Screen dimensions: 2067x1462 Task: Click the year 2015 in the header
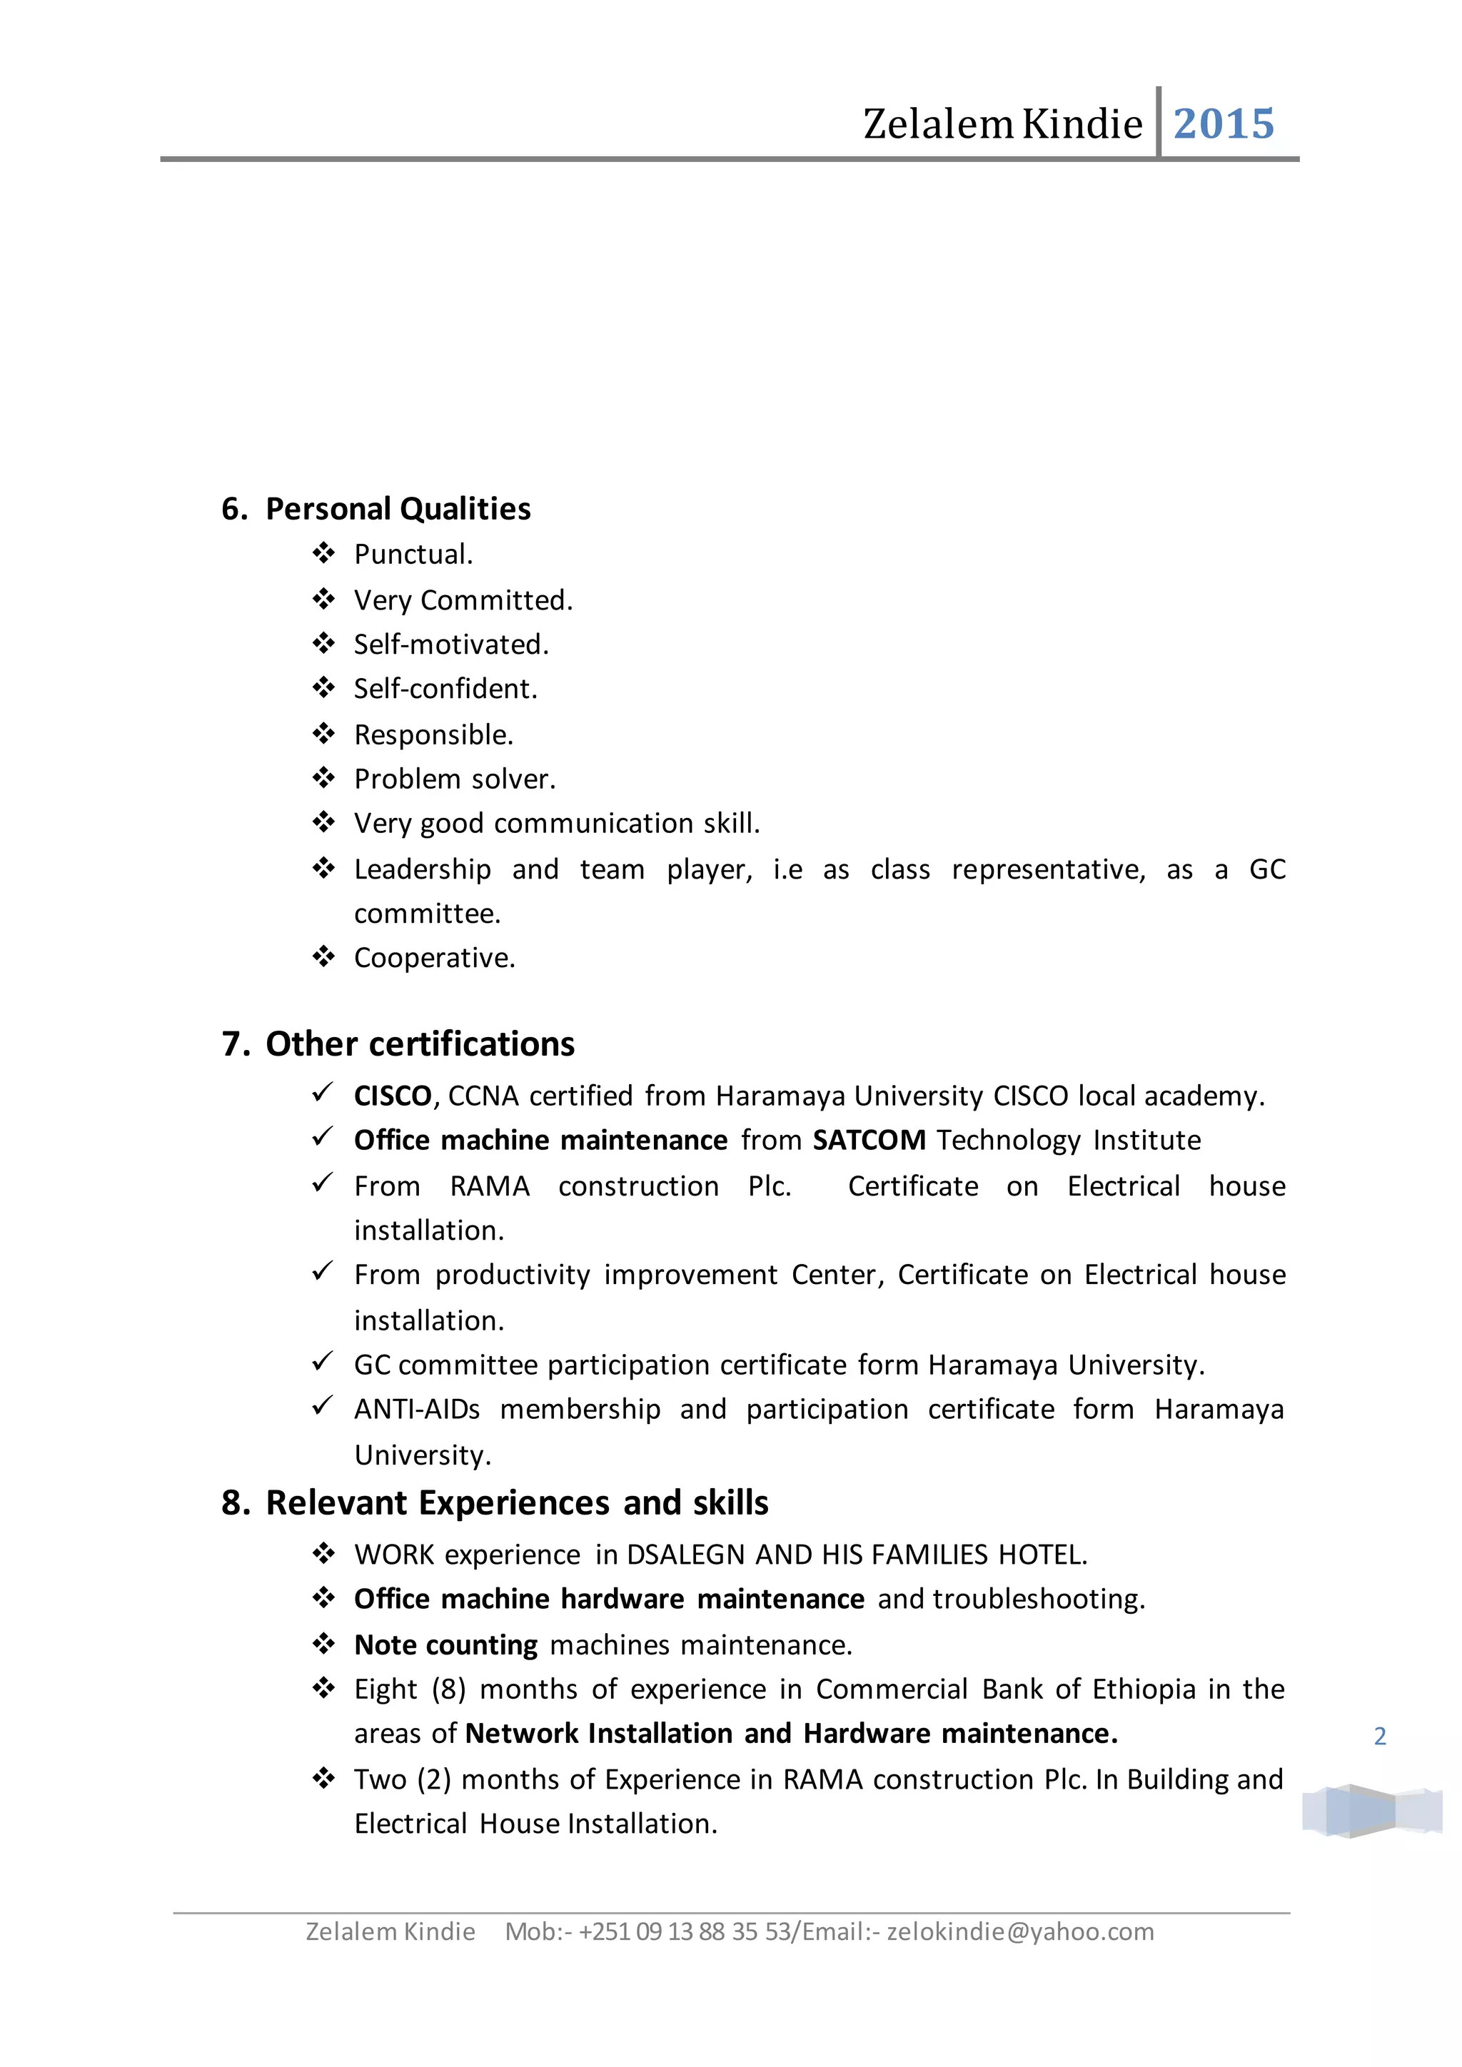click(x=1224, y=124)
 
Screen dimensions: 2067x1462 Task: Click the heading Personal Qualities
click(x=397, y=509)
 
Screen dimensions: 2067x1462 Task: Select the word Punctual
click(x=413, y=555)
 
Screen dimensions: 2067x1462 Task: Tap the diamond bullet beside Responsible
click(x=323, y=734)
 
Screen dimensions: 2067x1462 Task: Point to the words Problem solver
click(x=455, y=779)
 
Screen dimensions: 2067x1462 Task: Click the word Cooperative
click(x=434, y=958)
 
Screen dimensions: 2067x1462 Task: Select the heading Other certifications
click(x=420, y=1044)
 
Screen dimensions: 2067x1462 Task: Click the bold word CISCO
click(x=393, y=1096)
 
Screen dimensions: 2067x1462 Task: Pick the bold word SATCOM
click(x=869, y=1141)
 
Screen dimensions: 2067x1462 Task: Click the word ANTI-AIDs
click(x=417, y=1409)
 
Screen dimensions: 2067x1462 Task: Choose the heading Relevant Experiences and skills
click(x=517, y=1503)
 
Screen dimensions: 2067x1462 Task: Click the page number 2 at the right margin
click(x=1379, y=1737)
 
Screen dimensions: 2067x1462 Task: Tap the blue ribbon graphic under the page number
click(x=1371, y=1811)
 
